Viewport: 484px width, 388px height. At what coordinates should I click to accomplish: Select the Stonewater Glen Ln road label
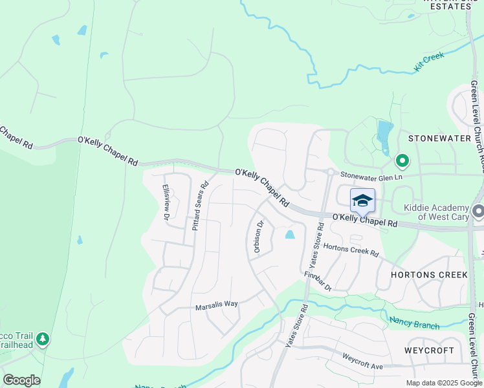click(x=371, y=176)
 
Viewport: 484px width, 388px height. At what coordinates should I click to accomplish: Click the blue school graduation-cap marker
click(x=362, y=200)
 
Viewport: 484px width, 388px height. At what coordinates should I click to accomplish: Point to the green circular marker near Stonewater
click(x=402, y=160)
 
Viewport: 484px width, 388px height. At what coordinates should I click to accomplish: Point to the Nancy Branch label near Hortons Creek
click(x=414, y=321)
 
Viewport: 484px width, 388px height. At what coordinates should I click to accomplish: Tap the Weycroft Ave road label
click(x=363, y=361)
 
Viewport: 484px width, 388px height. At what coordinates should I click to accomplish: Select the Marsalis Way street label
click(x=217, y=305)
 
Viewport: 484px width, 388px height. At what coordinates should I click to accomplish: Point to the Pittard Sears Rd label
click(x=200, y=205)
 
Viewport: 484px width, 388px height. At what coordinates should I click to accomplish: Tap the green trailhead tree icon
click(x=43, y=338)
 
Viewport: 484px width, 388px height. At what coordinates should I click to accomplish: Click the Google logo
click(x=21, y=380)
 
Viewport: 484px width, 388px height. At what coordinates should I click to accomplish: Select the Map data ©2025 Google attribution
click(x=444, y=383)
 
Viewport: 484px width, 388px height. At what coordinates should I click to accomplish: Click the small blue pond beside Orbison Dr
click(x=289, y=235)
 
